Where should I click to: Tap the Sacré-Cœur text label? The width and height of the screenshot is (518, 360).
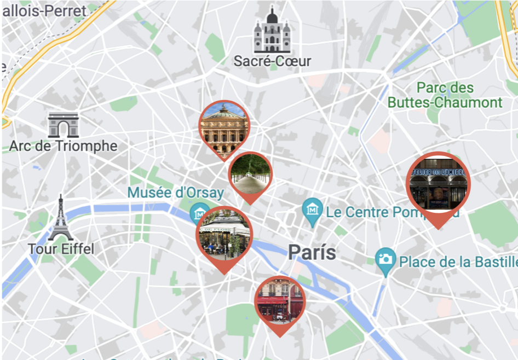[x=272, y=61]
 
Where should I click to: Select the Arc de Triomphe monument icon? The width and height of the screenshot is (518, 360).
[x=63, y=125]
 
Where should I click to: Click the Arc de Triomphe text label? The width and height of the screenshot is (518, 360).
[x=63, y=146]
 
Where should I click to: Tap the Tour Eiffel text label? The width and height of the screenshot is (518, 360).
[x=61, y=249]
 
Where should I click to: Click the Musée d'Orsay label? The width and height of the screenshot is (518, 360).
[x=175, y=193]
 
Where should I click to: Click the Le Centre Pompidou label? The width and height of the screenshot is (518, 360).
[x=392, y=212]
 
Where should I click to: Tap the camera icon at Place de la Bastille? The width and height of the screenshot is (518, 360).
[x=385, y=259]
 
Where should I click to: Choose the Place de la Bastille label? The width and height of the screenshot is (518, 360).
[x=458, y=262]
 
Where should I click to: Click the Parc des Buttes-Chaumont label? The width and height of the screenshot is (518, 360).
[x=445, y=95]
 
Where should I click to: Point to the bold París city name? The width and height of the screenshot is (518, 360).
[x=312, y=252]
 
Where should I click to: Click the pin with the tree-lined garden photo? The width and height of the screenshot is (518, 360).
[x=250, y=174]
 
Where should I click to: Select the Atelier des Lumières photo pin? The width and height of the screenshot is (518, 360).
[x=438, y=185]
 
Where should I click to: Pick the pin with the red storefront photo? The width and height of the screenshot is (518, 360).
[x=280, y=303]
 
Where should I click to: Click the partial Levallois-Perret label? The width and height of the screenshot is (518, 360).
[x=44, y=11]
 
